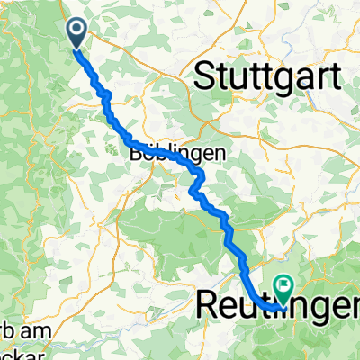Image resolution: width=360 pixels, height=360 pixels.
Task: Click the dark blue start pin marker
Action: (76, 32)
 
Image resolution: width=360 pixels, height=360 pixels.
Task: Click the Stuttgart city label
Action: (267, 76)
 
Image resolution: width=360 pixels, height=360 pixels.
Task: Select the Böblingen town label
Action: (159, 154)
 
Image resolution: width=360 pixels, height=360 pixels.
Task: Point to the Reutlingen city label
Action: (278, 306)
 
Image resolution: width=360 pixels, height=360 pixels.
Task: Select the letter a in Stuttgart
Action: (303, 76)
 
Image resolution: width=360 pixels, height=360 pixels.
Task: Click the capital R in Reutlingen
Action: (209, 305)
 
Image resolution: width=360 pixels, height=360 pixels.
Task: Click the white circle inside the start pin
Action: (76, 30)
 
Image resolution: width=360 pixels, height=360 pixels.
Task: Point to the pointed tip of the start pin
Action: (76, 47)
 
